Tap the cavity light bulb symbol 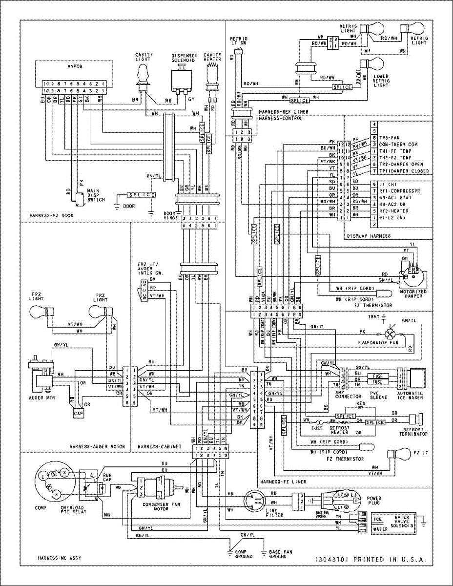coord(143,75)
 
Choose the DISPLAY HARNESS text coord(369,236)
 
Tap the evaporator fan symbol coord(389,334)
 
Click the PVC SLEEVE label coord(378,395)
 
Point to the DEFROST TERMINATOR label coord(414,431)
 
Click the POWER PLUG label coord(374,502)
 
